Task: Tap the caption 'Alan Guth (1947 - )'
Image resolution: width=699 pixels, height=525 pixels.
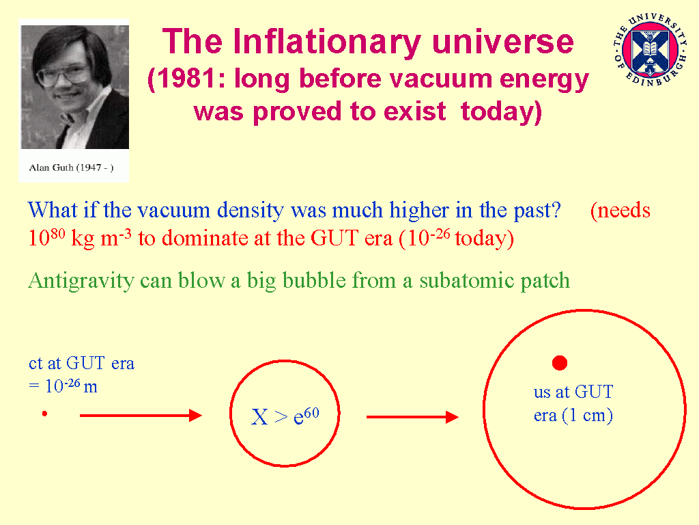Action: pyautogui.click(x=71, y=168)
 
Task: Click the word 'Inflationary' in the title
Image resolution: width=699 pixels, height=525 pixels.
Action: pyautogui.click(x=327, y=42)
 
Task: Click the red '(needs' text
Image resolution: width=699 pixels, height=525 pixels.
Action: pyautogui.click(x=620, y=211)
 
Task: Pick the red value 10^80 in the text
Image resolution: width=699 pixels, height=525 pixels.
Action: pyautogui.click(x=46, y=237)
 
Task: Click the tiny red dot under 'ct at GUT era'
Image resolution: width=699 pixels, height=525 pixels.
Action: pyautogui.click(x=44, y=414)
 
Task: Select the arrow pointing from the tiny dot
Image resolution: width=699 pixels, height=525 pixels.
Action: pyautogui.click(x=141, y=415)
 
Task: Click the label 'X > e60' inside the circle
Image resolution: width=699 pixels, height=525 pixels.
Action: pyautogui.click(x=285, y=416)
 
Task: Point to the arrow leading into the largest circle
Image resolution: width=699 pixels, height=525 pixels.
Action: pyautogui.click(x=412, y=417)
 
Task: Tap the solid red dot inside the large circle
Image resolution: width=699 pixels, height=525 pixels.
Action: pyautogui.click(x=560, y=363)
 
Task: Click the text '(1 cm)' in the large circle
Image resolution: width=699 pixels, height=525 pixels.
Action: pyautogui.click(x=587, y=416)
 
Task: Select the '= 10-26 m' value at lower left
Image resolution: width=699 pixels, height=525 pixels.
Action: pyautogui.click(x=63, y=386)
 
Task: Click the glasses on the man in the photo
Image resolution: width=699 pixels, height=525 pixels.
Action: pyautogui.click(x=62, y=76)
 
